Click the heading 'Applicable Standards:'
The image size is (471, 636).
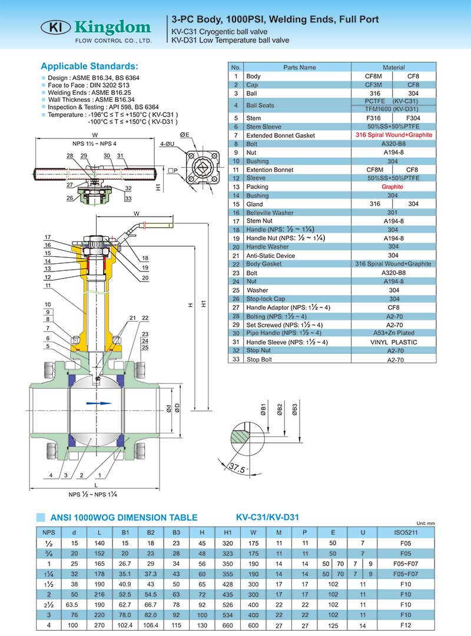(89, 66)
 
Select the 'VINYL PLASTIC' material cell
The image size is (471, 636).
(393, 342)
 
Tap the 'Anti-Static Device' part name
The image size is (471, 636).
(270, 256)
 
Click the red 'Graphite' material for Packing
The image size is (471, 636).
(393, 187)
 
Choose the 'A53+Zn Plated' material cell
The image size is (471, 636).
(393, 333)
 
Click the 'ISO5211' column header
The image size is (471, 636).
(406, 532)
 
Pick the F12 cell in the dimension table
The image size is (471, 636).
(406, 624)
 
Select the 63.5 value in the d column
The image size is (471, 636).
(74, 604)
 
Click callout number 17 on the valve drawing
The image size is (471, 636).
(48, 237)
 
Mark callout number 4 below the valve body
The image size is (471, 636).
(51, 475)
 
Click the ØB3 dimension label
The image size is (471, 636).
(294, 410)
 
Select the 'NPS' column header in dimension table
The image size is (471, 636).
(49, 532)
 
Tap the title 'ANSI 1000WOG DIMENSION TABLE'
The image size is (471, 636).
(123, 518)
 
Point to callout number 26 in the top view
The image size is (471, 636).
(69, 198)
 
